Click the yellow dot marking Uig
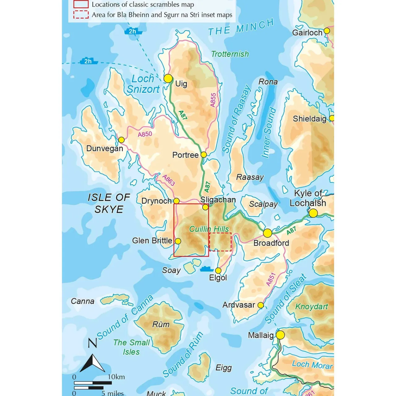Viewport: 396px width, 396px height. [168, 78]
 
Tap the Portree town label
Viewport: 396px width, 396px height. [185, 155]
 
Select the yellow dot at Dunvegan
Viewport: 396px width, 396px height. [122, 140]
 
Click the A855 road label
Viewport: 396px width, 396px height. [213, 100]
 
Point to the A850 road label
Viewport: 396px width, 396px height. [145, 134]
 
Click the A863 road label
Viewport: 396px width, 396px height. [169, 180]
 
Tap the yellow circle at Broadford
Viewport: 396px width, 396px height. [268, 233]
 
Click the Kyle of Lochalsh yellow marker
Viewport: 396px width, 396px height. [313, 213]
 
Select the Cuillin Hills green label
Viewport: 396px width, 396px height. [209, 229]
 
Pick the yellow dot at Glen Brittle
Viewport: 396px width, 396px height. [178, 241]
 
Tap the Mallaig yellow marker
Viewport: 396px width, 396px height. [280, 335]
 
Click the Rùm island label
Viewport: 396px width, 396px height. [161, 324]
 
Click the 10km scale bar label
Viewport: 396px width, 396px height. [116, 377]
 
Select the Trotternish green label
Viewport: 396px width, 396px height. [230, 54]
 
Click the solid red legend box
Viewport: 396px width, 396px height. [81, 4]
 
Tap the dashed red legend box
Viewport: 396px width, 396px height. [81, 15]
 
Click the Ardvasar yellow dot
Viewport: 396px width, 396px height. [260, 305]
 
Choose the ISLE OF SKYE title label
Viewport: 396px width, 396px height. [109, 203]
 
